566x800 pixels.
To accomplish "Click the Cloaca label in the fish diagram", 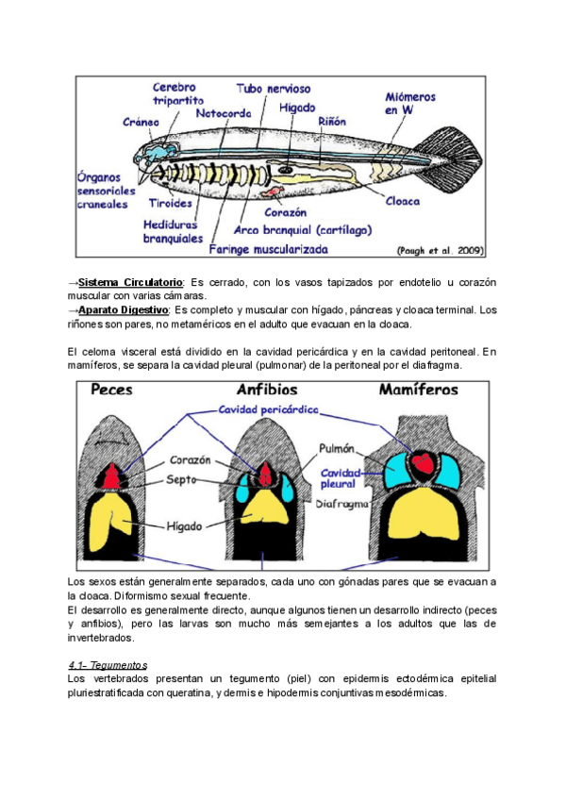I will click(x=402, y=200).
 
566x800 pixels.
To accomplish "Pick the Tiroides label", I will click(x=170, y=203).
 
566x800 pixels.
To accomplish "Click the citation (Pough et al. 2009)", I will click(x=441, y=251).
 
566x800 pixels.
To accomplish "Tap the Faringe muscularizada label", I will click(x=270, y=250).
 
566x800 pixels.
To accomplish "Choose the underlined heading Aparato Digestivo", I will click(x=124, y=309).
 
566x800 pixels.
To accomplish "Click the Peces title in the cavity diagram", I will click(x=111, y=390).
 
